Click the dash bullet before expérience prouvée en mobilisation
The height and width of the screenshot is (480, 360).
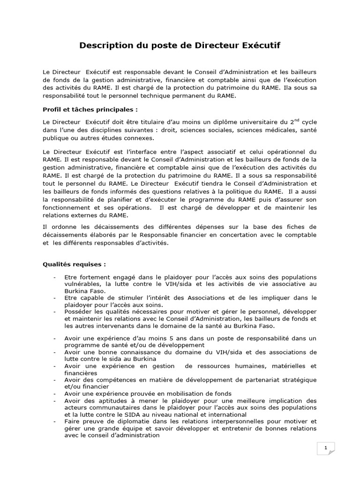coord(55,393)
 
